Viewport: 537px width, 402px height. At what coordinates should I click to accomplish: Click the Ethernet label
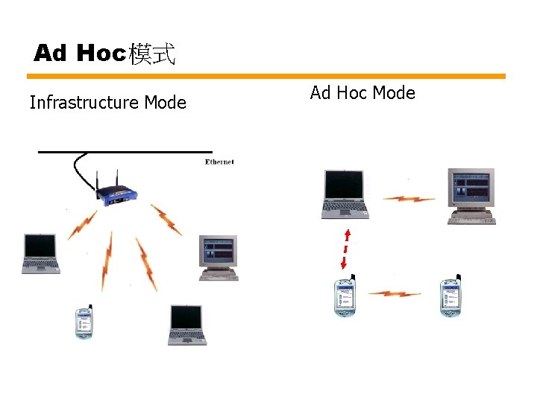[x=219, y=162]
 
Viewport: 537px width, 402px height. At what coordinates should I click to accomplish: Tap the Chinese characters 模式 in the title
[x=152, y=54]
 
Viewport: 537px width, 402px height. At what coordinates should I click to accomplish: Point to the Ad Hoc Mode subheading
[x=362, y=93]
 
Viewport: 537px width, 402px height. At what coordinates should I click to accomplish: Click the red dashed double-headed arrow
[x=346, y=249]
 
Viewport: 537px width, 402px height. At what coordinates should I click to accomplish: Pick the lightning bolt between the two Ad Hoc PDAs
[x=395, y=293]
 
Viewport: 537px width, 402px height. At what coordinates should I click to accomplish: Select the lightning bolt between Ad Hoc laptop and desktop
[x=409, y=199]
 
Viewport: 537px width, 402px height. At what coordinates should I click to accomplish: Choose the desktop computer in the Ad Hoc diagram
[x=471, y=196]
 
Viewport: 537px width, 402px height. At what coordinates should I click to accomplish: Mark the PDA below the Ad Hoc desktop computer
[x=450, y=297]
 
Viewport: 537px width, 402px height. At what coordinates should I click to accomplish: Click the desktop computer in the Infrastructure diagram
[x=219, y=257]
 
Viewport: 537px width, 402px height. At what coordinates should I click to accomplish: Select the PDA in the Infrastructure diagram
[x=84, y=322]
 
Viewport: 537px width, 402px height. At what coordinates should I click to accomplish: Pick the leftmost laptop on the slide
[x=40, y=254]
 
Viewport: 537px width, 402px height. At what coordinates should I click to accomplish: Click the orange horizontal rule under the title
[x=266, y=76]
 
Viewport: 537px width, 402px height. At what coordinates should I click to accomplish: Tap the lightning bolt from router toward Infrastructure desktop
[x=166, y=220]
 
